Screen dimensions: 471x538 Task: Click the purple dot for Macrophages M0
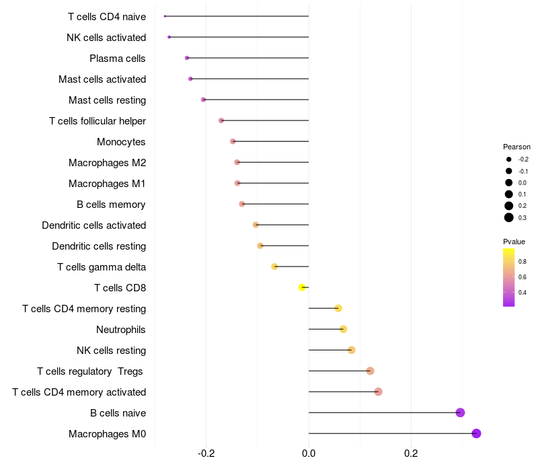pyautogui.click(x=476, y=433)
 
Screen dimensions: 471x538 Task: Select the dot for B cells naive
pyautogui.click(x=460, y=412)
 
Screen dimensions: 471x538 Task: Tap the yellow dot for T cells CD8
pyautogui.click(x=303, y=287)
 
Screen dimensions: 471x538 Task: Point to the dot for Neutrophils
pyautogui.click(x=343, y=329)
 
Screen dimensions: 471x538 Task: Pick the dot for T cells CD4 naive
pyautogui.click(x=165, y=16)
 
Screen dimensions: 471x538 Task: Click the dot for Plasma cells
pyautogui.click(x=187, y=58)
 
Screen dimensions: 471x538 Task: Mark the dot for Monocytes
pyautogui.click(x=233, y=141)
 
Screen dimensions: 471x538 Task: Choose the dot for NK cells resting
pyautogui.click(x=351, y=350)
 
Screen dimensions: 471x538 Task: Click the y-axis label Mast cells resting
pyautogui.click(x=108, y=100)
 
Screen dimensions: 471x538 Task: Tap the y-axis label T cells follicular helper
pyautogui.click(x=98, y=121)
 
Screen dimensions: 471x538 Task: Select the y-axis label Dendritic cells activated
pyautogui.click(x=93, y=225)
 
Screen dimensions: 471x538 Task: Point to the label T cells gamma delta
pyautogui.click(x=102, y=267)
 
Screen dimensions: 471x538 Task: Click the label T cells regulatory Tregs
pyautogui.click(x=91, y=371)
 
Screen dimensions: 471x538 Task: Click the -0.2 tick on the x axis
pyautogui.click(x=206, y=454)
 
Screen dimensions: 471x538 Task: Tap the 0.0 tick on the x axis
pyautogui.click(x=309, y=454)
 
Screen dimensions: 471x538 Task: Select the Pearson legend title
pyautogui.click(x=516, y=147)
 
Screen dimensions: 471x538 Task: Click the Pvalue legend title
pyautogui.click(x=514, y=242)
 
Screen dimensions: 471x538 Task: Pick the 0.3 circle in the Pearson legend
pyautogui.click(x=509, y=217)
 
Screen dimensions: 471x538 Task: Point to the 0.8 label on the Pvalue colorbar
pyautogui.click(x=523, y=261)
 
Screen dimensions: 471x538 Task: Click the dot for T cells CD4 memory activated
pyautogui.click(x=378, y=392)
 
